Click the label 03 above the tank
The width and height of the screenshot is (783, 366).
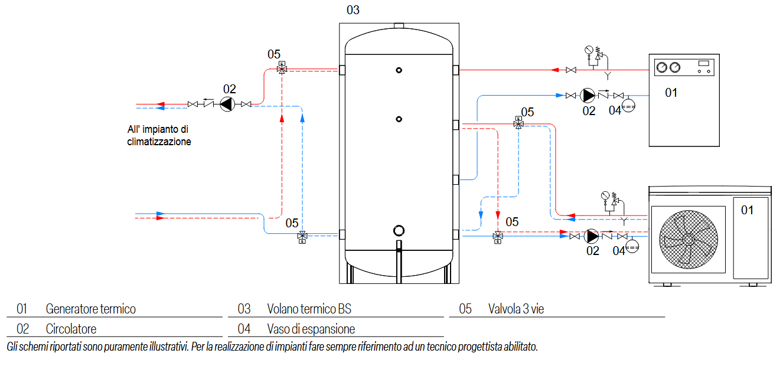(x=353, y=10)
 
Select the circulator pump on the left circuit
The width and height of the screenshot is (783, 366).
(x=227, y=104)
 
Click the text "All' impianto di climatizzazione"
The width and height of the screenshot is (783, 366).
(x=159, y=136)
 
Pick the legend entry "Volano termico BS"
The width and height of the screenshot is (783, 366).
(x=309, y=309)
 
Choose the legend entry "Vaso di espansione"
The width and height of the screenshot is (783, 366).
(x=311, y=329)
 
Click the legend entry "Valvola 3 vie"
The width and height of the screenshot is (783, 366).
(x=516, y=309)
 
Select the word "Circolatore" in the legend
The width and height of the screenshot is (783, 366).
(x=71, y=329)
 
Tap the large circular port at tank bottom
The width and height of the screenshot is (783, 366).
(x=399, y=231)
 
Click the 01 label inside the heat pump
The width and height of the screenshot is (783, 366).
(x=747, y=210)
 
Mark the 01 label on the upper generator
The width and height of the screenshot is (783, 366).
(x=671, y=93)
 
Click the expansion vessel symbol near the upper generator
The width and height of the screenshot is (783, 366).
(x=628, y=106)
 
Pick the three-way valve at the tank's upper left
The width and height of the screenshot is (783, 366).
(x=282, y=69)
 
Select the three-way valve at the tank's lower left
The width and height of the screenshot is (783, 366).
(x=302, y=236)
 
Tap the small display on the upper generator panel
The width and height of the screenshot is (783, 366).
(x=703, y=63)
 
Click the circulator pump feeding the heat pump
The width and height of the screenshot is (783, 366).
(x=591, y=236)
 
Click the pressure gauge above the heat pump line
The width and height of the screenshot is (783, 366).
(x=605, y=195)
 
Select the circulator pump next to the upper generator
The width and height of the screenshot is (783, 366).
(x=588, y=95)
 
